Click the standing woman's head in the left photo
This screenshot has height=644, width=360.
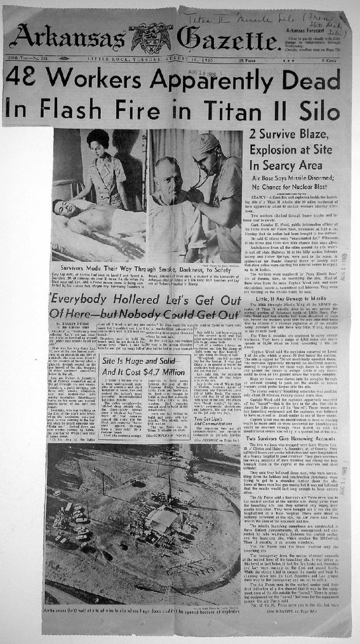pyautogui.click(x=98, y=141)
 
